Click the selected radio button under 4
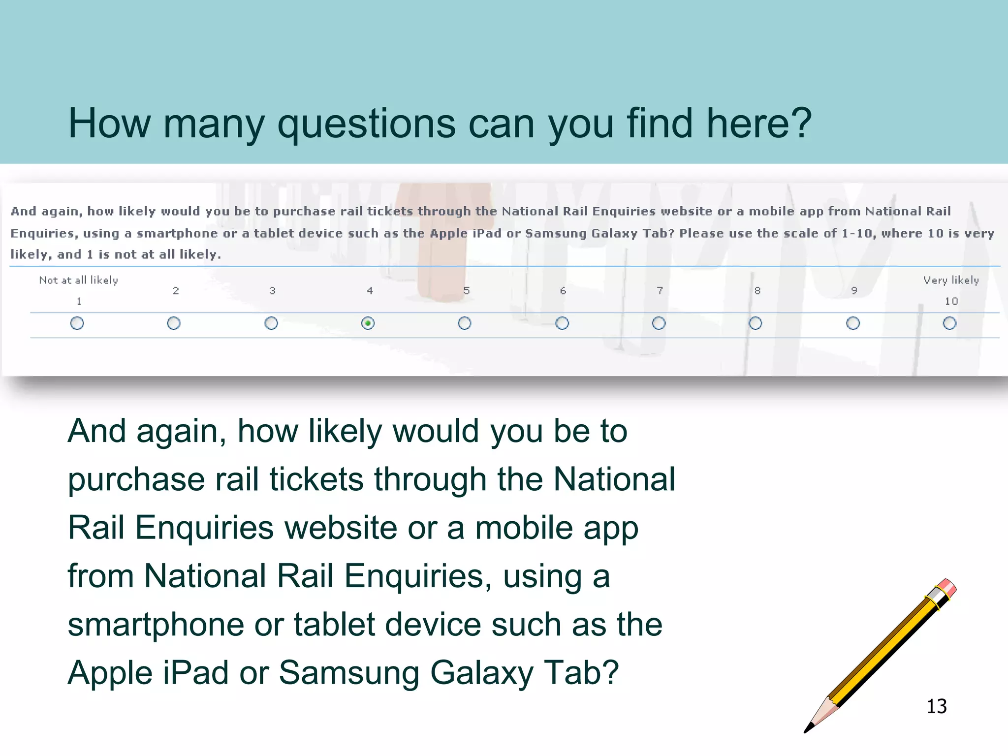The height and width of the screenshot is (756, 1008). click(368, 323)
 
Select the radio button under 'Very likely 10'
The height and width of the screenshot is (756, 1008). click(949, 323)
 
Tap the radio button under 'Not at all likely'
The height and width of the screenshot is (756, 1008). click(77, 323)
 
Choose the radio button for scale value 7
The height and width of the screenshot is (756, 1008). click(659, 323)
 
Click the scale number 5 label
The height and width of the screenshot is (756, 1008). click(466, 291)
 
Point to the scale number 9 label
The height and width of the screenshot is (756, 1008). click(854, 291)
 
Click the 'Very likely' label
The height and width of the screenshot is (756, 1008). click(951, 280)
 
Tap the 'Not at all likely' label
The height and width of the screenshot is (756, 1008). click(79, 280)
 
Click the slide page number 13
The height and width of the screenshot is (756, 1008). click(936, 706)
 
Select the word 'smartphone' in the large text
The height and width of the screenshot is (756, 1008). click(156, 625)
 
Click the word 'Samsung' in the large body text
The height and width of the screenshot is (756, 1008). click(349, 673)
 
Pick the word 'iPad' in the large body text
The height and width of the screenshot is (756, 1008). click(195, 673)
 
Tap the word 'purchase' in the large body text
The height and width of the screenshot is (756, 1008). click(136, 480)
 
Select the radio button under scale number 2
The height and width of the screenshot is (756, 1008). click(174, 323)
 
